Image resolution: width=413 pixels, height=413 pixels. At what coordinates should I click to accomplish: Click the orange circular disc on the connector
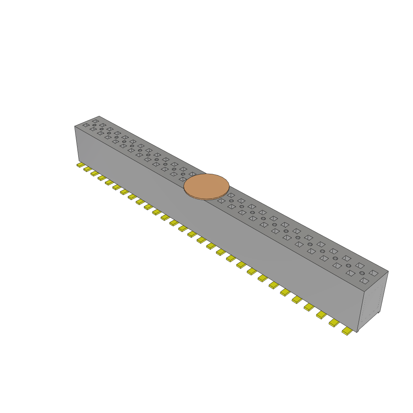206,186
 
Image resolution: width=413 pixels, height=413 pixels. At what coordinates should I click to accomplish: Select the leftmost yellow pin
80,165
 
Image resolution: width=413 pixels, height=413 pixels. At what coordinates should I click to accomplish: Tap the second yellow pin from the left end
87,169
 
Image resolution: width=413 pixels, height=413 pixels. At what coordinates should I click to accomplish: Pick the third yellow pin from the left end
94,173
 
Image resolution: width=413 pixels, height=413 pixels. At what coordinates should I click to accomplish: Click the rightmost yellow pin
346,331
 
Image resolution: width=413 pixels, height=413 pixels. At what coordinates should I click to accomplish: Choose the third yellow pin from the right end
321,315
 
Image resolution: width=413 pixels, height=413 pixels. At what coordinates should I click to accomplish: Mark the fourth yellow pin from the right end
309,307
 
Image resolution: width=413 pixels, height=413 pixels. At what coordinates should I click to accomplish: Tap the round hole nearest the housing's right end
362,273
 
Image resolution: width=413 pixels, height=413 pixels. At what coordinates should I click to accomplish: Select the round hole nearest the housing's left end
94,125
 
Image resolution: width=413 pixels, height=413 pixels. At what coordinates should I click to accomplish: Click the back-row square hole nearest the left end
95,121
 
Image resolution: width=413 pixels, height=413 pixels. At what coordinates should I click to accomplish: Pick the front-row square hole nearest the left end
86,125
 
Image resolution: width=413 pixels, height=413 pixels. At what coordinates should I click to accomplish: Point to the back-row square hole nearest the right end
373,273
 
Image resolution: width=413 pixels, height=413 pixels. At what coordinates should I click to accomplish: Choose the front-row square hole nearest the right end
364,280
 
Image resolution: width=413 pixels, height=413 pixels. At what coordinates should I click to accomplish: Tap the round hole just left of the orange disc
183,174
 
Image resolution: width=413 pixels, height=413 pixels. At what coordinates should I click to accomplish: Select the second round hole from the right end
348,265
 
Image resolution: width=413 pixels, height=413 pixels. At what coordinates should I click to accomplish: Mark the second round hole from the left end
102,129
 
